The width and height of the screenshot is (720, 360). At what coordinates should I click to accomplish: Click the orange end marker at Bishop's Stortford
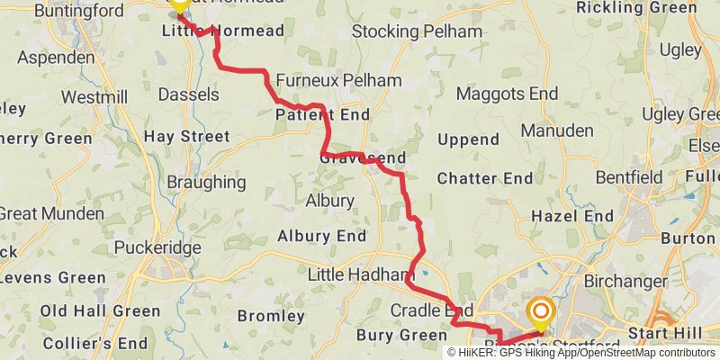[x=541, y=313]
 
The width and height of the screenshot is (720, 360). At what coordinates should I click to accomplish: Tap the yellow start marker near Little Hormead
[x=179, y=4]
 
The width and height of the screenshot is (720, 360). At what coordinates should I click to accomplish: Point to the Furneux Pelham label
[x=338, y=80]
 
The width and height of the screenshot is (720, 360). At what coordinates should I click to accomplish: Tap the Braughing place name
[x=206, y=182]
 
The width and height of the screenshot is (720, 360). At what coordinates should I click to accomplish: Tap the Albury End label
[x=321, y=237]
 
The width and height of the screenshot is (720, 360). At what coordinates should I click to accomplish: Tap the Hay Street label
[x=187, y=137]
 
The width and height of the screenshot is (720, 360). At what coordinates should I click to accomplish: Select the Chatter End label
[x=485, y=179]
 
